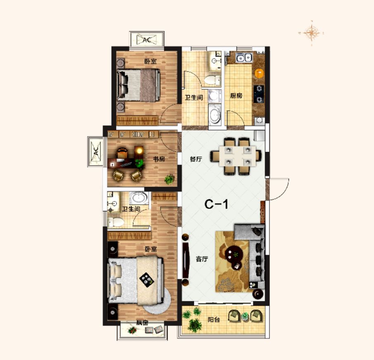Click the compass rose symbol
(x=311, y=33)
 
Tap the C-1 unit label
(x=216, y=204)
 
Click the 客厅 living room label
(x=202, y=259)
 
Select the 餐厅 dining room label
(x=196, y=159)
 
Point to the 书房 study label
(x=159, y=159)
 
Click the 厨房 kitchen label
(x=236, y=96)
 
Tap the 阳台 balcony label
(x=213, y=320)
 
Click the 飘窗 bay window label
(x=142, y=323)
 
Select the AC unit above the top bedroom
(x=147, y=40)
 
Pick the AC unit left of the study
(x=96, y=152)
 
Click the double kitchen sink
(x=244, y=57)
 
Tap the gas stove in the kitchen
(x=259, y=94)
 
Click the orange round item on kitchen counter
(x=260, y=73)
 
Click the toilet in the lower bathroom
(x=116, y=222)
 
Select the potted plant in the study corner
(x=169, y=179)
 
